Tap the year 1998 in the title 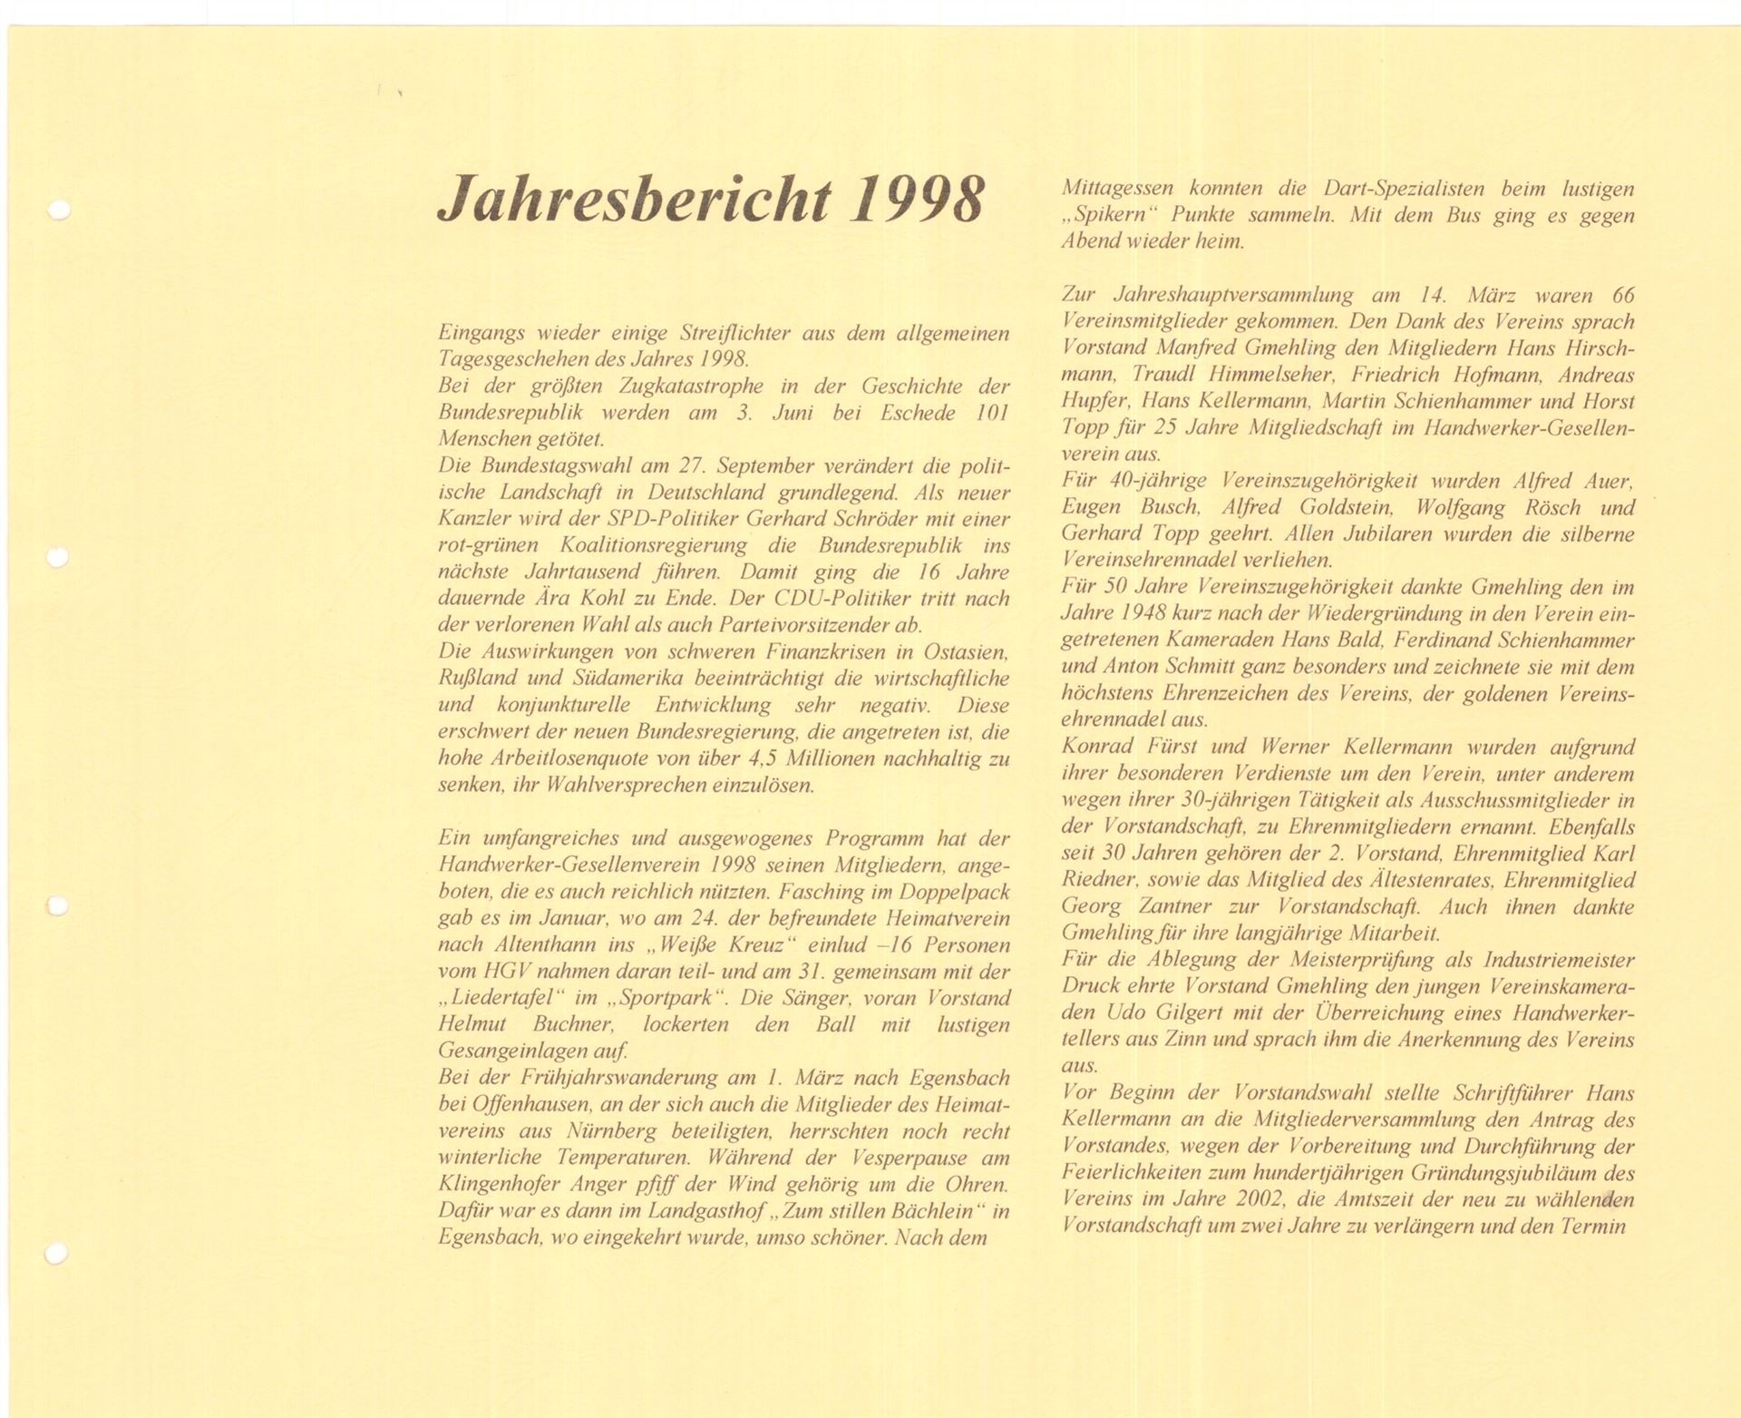point(917,200)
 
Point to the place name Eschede point(918,413)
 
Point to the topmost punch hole point(60,210)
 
